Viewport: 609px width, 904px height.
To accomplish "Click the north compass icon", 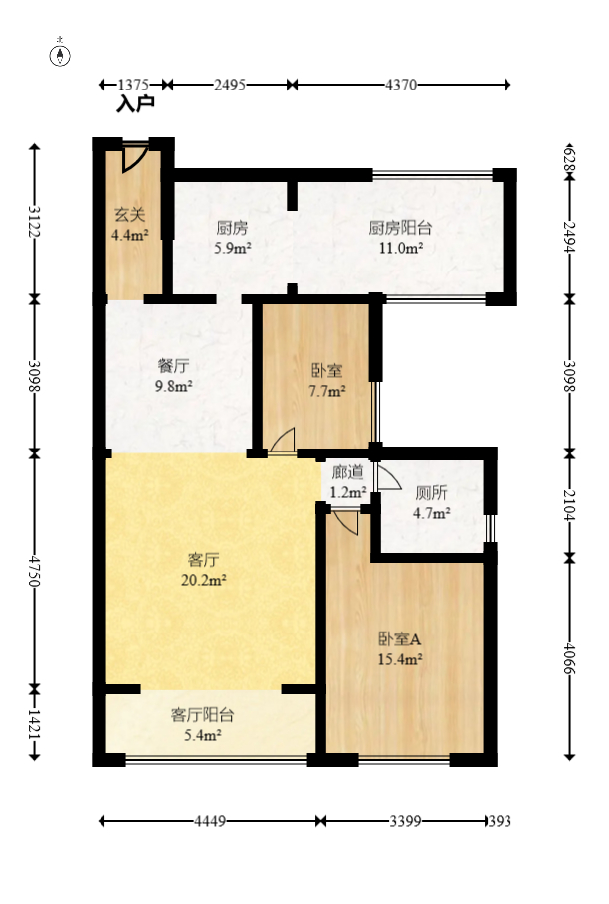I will coord(61,55).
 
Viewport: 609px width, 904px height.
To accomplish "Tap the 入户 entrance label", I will coord(135,103).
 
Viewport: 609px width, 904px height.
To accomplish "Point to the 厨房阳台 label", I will coord(400,226).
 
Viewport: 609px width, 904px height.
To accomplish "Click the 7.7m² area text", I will coord(327,391).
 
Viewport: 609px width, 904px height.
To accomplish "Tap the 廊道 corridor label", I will coord(348,472).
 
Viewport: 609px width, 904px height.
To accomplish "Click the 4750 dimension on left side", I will coord(35,571).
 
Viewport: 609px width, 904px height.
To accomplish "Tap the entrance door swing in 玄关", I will coord(136,158).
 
